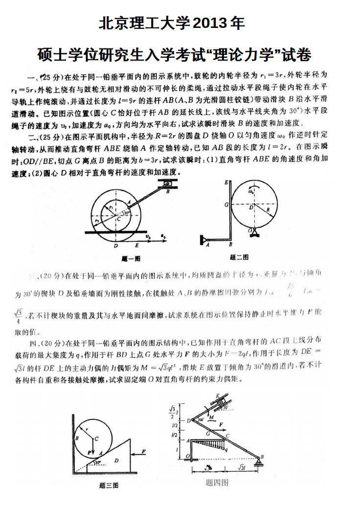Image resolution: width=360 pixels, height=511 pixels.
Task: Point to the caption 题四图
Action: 217,483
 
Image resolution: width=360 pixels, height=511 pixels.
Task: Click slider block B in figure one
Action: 168,185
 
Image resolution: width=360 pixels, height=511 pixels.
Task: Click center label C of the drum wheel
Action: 119,220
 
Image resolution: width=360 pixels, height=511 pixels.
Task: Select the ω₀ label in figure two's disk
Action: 250,192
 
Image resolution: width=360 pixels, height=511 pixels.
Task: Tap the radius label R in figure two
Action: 268,210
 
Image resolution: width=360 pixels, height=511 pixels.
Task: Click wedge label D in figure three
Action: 116,460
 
